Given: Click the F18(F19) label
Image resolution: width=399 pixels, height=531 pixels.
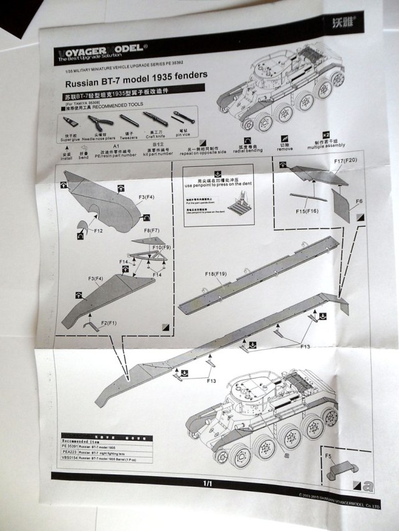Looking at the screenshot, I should point(214,273).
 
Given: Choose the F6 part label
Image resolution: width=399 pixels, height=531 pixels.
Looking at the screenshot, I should point(358,202).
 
